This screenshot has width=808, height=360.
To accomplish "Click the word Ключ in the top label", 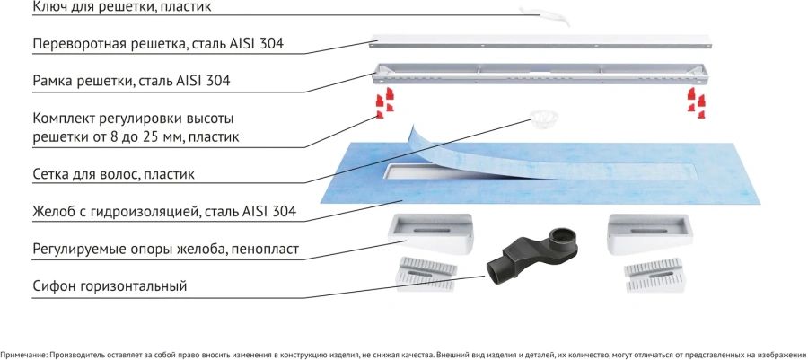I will pos(53,8).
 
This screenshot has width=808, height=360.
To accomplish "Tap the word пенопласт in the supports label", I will pos(267,249).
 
